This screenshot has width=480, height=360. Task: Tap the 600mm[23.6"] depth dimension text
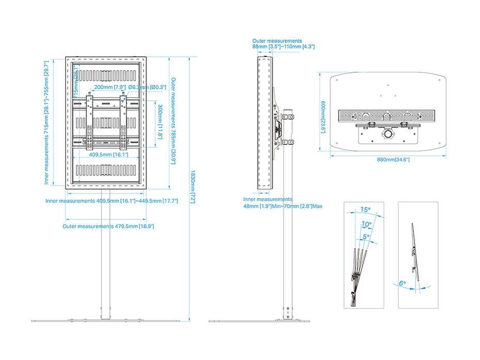click(323, 116)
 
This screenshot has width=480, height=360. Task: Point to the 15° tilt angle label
click(365, 210)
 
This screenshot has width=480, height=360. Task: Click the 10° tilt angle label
click(366, 224)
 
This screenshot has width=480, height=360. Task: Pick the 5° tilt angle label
click(366, 237)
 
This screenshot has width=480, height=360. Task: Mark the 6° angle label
click(403, 283)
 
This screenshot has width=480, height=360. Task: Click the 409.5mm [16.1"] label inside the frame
click(108, 154)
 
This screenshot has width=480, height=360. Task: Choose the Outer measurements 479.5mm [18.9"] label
click(108, 226)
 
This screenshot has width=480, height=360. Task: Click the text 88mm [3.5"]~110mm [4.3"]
click(283, 47)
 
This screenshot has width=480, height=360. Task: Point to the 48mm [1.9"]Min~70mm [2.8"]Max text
click(283, 206)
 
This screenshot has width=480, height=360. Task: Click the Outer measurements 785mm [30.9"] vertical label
click(173, 121)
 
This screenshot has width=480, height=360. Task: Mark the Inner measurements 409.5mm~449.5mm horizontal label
click(111, 201)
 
